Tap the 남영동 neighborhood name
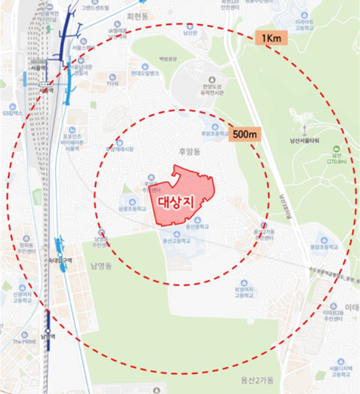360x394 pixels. [x=100, y=266]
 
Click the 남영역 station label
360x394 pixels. [x=47, y=337]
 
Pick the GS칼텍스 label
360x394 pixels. [x=12, y=113]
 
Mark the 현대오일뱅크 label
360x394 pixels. [x=145, y=74]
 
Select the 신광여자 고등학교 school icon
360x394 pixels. [x=23, y=288]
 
